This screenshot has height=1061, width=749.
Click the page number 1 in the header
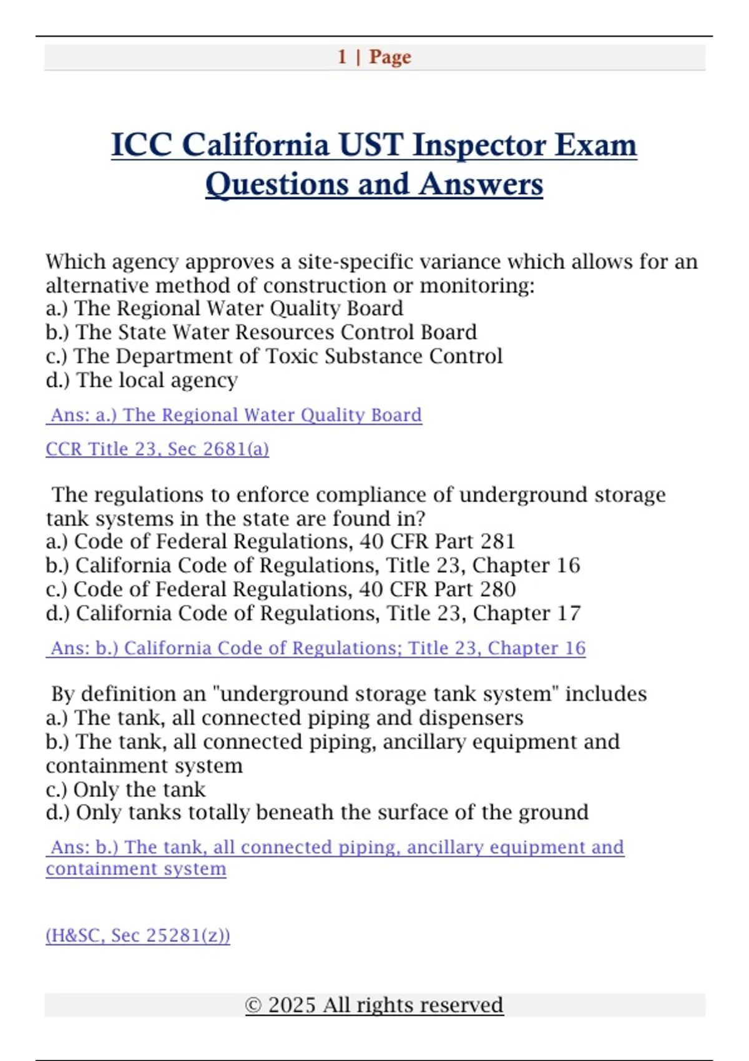[x=342, y=57]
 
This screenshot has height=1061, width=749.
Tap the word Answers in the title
[x=481, y=184]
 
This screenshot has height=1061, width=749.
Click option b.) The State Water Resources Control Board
[x=261, y=332]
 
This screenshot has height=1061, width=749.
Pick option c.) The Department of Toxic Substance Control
[x=273, y=356]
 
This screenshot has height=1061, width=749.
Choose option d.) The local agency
[x=142, y=380]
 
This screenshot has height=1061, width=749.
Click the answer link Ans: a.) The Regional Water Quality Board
[x=234, y=415]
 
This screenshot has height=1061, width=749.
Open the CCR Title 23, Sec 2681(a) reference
[x=157, y=449]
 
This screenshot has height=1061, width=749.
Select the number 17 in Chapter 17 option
[x=569, y=613]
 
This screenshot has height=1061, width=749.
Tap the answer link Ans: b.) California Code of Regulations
[x=316, y=648]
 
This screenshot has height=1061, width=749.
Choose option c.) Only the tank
[x=125, y=790]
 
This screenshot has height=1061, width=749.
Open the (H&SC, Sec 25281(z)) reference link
[x=138, y=936]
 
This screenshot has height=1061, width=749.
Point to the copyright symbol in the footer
[x=253, y=1005]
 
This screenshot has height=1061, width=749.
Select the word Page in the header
[x=390, y=57]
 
